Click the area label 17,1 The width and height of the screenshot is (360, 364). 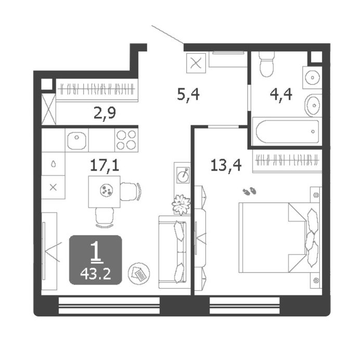[x=104, y=165]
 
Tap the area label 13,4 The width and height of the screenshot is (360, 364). [x=226, y=165]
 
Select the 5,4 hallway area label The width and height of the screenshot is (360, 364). [x=188, y=95]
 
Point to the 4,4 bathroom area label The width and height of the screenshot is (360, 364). [x=281, y=95]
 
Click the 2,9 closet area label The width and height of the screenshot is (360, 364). [x=105, y=113]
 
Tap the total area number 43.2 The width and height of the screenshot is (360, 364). [x=95, y=274]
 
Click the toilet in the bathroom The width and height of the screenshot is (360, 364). [x=266, y=64]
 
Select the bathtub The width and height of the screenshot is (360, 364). [x=287, y=132]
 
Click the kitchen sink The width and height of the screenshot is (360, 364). [x=76, y=140]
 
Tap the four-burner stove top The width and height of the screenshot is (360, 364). [x=126, y=140]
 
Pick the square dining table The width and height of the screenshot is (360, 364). [x=104, y=192]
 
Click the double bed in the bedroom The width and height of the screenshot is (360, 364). [x=279, y=238]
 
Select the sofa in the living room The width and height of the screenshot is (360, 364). [x=172, y=252]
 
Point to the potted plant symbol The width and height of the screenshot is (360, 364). [x=181, y=204]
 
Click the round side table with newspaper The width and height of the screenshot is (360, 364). [x=139, y=274]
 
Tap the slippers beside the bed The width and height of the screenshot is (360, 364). [x=249, y=191]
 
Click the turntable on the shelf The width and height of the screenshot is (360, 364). [x=183, y=175]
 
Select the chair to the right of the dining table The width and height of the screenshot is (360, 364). [x=131, y=191]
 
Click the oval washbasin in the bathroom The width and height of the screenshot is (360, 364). [x=313, y=105]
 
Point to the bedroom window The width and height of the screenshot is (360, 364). [x=245, y=306]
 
